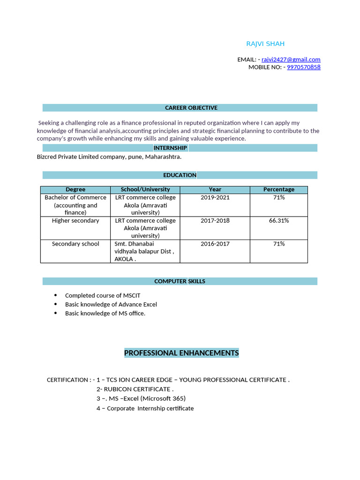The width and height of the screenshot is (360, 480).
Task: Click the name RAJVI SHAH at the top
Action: (265, 44)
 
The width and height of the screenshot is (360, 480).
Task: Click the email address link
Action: (291, 60)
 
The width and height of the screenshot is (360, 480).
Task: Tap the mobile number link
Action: (303, 67)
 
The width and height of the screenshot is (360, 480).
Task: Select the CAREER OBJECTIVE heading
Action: (191, 108)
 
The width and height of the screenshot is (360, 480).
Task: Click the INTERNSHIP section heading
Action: (170, 148)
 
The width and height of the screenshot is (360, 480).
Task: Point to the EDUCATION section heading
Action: (180, 175)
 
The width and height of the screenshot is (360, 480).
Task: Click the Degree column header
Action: (75, 189)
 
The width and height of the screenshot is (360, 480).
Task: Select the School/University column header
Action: (145, 189)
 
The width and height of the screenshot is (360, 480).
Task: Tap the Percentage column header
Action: (279, 189)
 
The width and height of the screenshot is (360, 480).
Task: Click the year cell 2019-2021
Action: (215, 197)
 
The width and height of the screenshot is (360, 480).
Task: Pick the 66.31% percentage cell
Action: (279, 220)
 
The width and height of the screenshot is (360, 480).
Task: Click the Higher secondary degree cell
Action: (75, 220)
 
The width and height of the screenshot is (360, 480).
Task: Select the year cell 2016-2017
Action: (215, 244)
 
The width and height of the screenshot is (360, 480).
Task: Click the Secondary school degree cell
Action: (75, 244)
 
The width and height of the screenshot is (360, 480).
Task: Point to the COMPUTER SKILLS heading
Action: (180, 281)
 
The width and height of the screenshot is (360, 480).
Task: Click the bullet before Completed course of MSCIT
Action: (56, 295)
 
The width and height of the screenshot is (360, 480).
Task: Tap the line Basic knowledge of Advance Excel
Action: (111, 304)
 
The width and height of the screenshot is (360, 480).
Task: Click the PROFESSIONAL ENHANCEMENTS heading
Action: (181, 353)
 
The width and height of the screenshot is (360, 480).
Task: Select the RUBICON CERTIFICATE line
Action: (135, 389)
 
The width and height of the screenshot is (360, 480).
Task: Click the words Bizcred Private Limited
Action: (67, 157)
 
